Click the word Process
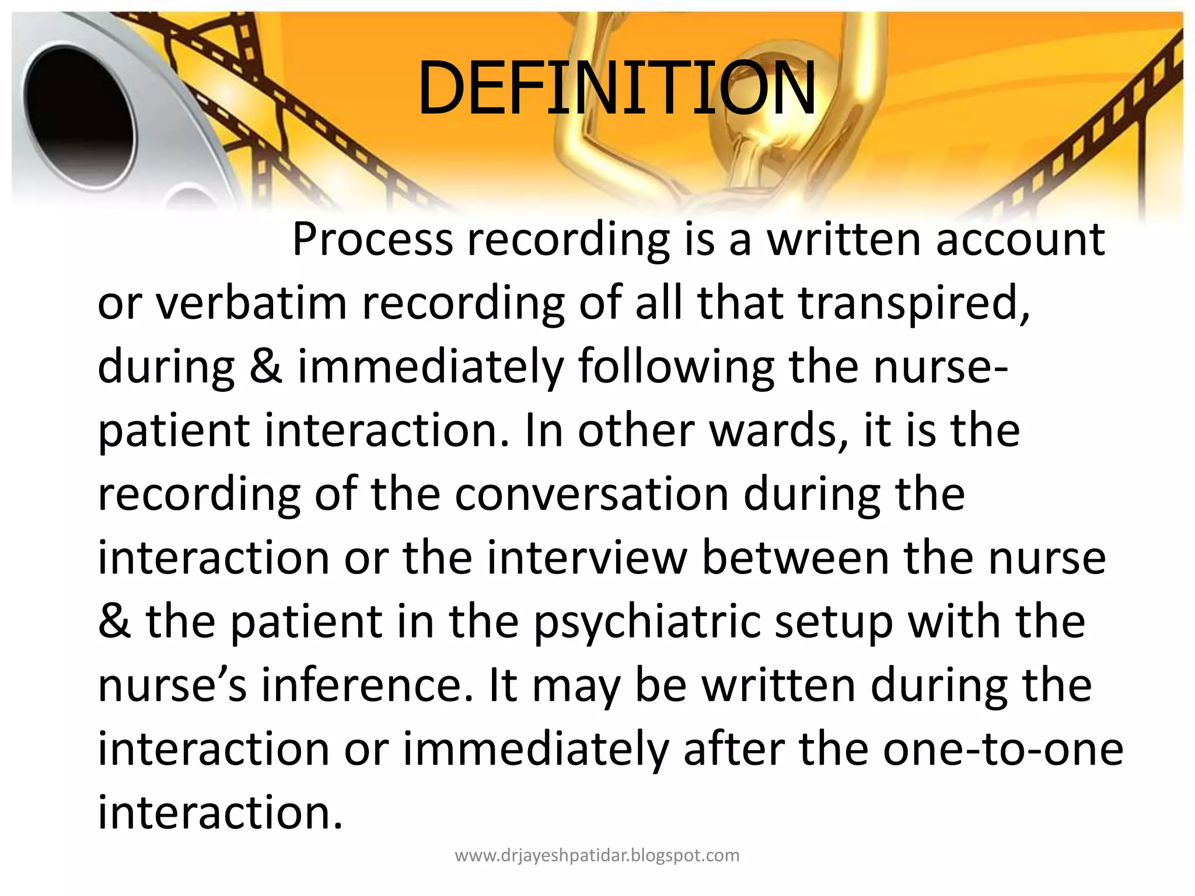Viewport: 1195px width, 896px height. click(372, 240)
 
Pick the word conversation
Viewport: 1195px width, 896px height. click(592, 494)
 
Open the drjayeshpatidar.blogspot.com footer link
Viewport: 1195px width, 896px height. click(597, 856)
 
